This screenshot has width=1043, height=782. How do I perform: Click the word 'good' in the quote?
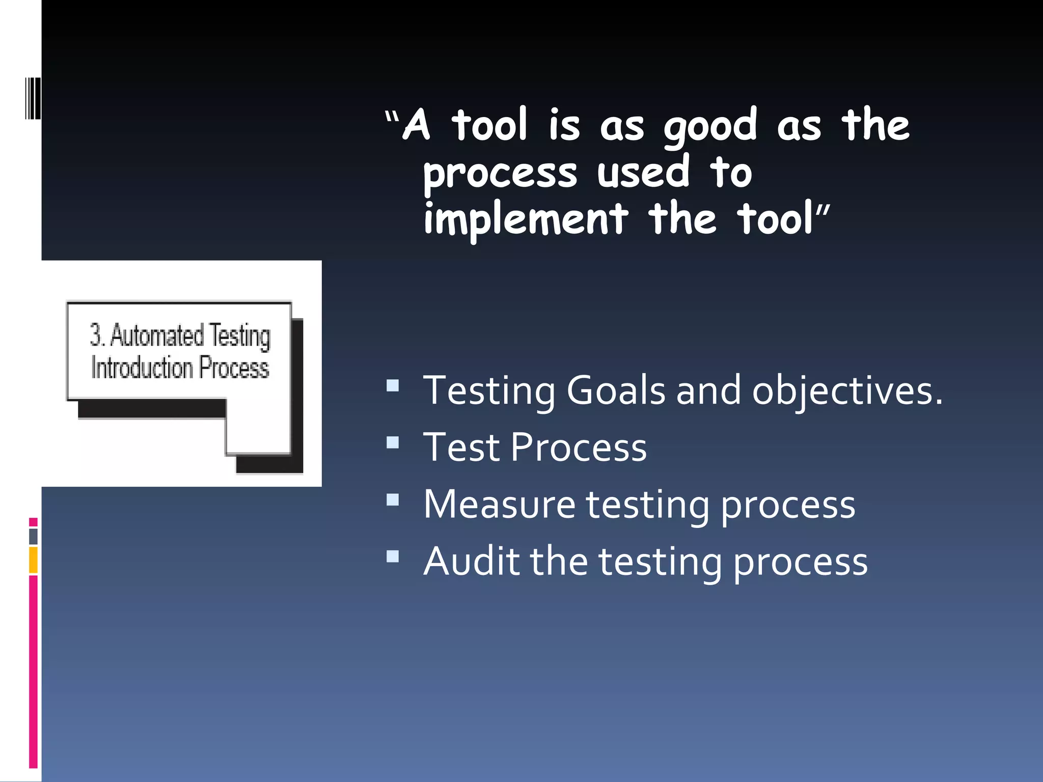pyautogui.click(x=710, y=127)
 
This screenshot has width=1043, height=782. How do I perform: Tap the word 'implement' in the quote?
pyautogui.click(x=526, y=220)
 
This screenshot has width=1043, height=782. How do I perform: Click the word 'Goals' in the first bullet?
pyautogui.click(x=615, y=391)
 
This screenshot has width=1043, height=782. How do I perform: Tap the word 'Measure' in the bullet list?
pyautogui.click(x=499, y=505)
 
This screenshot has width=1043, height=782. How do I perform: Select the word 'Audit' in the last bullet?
pyautogui.click(x=472, y=562)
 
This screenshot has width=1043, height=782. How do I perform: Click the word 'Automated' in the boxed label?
pyautogui.click(x=157, y=336)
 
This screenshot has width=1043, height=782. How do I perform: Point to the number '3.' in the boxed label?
pyautogui.click(x=97, y=336)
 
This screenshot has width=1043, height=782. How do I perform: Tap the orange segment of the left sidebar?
pyautogui.click(x=33, y=560)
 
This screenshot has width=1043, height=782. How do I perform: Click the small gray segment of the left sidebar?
pyautogui.click(x=33, y=536)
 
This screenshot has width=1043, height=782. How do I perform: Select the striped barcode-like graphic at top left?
pyautogui.click(x=33, y=98)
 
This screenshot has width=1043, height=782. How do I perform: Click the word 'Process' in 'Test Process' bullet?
pyautogui.click(x=578, y=448)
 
